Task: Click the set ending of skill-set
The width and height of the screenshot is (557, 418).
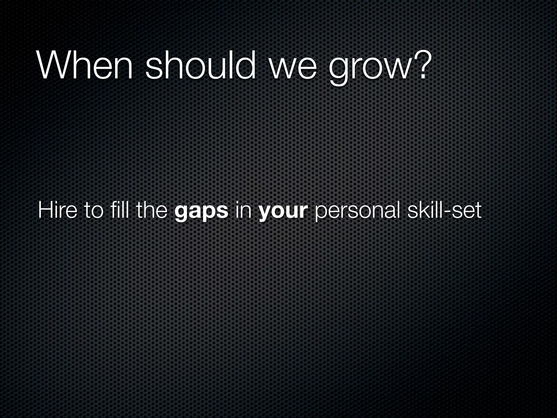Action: tap(467, 211)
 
